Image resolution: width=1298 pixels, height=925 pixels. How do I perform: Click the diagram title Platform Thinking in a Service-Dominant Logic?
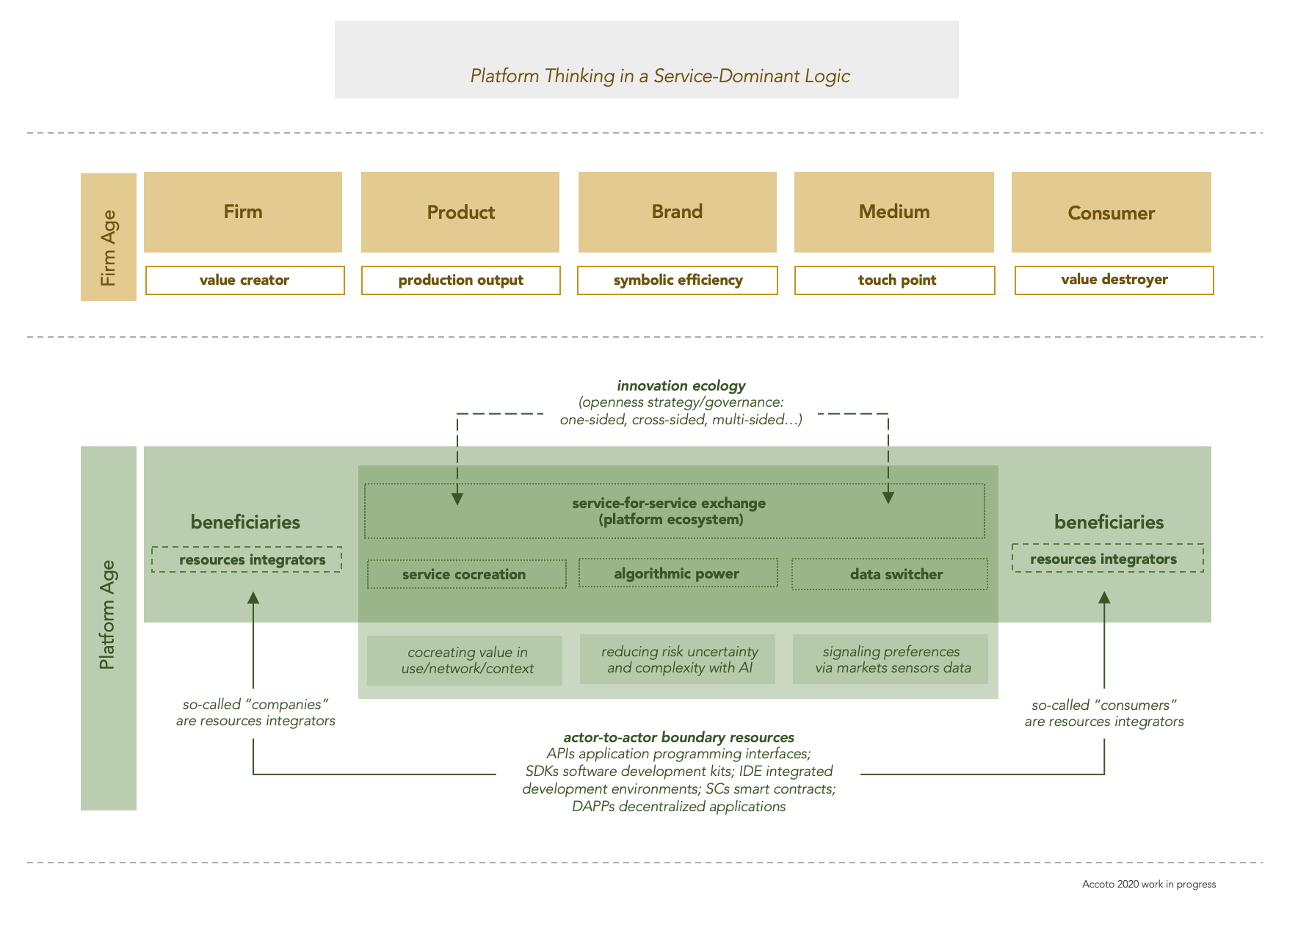[660, 76]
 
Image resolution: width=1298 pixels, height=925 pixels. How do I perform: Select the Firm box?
[243, 212]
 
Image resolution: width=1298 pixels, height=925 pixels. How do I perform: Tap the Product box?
[460, 212]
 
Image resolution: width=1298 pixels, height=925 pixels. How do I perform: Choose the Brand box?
[677, 212]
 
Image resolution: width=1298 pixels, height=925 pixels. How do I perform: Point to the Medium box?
[894, 212]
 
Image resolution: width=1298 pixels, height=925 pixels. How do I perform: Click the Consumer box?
[1111, 212]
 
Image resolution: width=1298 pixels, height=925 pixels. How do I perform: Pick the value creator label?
[244, 280]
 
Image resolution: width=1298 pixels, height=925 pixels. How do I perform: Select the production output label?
[461, 280]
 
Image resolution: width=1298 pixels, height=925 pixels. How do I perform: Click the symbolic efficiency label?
[678, 280]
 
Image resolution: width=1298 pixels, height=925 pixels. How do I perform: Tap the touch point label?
[895, 280]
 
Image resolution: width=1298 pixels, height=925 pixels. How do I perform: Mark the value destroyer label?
[1114, 280]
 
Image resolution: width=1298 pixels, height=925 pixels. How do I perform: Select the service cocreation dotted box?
[466, 574]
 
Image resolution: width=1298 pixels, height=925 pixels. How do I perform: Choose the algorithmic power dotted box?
[678, 573]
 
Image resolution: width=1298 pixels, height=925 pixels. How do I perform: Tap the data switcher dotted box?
[890, 574]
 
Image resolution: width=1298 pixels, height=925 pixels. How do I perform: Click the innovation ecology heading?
[681, 385]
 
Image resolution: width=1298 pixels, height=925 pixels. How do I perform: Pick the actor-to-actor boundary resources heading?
[678, 737]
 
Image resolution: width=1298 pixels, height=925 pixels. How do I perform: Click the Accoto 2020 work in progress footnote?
[1148, 884]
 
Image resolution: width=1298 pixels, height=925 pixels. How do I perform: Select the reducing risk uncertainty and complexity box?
[678, 659]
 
